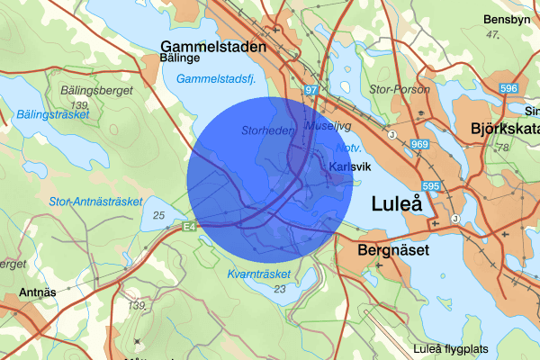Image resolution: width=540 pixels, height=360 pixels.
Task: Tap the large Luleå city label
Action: point(397,205)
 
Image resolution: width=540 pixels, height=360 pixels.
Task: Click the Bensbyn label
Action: point(507,20)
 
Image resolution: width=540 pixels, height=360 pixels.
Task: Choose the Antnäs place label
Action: point(39,293)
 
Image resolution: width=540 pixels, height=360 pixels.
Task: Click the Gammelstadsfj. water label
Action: point(216,80)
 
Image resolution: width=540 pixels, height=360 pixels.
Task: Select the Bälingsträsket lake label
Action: point(52,115)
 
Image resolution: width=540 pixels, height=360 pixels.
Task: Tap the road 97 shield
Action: point(311,91)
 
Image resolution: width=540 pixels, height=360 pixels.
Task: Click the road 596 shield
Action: point(509,88)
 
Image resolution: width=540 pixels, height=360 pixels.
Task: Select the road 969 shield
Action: point(418,143)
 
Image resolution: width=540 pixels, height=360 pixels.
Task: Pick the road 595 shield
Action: point(429,186)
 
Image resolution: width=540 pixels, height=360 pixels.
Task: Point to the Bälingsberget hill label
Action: point(97,91)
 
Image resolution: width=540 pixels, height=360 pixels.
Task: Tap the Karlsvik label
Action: point(350,167)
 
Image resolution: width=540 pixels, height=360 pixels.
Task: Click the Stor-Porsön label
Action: point(397,89)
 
